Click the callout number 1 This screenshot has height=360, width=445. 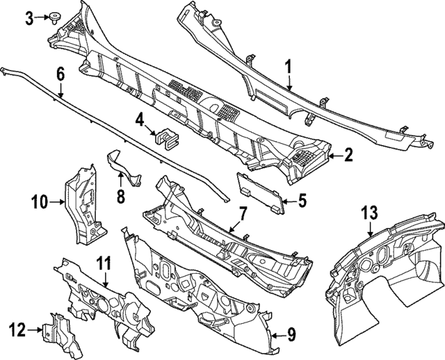(289, 68)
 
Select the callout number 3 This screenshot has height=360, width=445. (29, 17)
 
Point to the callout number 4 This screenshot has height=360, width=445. (140, 120)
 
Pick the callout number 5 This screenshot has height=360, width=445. (302, 202)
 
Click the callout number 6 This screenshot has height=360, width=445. (60, 72)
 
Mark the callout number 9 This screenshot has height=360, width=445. (291, 336)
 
